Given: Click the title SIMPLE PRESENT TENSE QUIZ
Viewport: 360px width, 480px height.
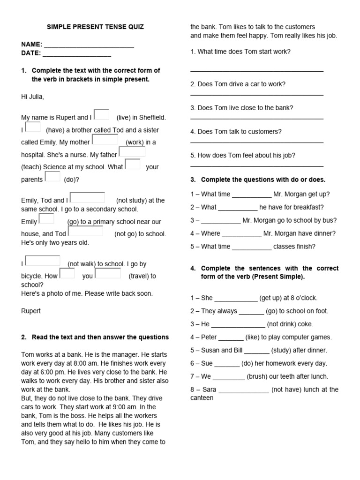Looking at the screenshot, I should pyautogui.click(x=95, y=27).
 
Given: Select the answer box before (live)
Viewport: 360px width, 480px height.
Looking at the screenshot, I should pyautogui.click(x=101, y=114).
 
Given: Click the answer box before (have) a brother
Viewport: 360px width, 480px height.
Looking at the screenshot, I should pyautogui.click(x=33, y=127).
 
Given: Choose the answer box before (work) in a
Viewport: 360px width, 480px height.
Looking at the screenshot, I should pyautogui.click(x=105, y=139).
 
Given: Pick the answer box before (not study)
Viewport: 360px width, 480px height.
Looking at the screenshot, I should pyautogui.click(x=87, y=197).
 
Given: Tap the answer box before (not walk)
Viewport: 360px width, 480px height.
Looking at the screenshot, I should pyautogui.click(x=43, y=261).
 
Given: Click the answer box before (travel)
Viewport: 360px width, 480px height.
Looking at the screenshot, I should pyautogui.click(x=108, y=273).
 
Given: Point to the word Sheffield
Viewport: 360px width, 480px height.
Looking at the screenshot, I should pyautogui.click(x=151, y=118).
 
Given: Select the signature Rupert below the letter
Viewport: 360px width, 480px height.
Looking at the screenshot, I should pyautogui.click(x=31, y=311).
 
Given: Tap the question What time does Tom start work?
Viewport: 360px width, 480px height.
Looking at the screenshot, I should pyautogui.click(x=240, y=52).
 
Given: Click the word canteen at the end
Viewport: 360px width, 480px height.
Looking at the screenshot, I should pyautogui.click(x=202, y=398).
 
